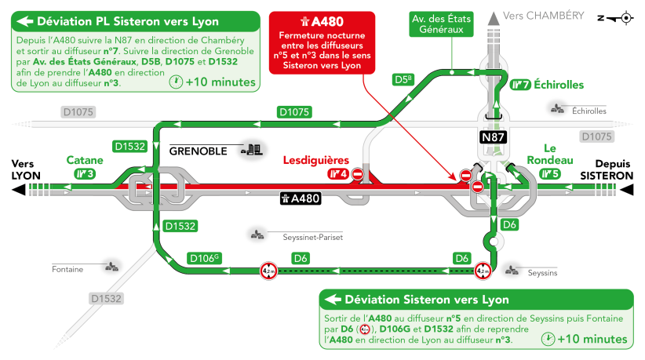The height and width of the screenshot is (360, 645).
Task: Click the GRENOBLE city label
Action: click(198, 150)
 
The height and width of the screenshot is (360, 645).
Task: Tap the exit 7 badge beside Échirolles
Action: click(519, 85)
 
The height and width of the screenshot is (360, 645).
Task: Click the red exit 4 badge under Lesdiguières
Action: click(337, 173)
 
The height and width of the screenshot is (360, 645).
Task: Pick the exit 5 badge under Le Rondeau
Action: click(551, 173)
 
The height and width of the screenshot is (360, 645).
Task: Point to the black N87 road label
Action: click(494, 136)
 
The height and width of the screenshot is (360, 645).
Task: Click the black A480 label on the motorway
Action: click(301, 198)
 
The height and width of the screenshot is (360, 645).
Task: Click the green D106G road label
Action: click(205, 257)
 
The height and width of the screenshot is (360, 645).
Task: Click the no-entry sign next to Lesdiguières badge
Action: click(359, 174)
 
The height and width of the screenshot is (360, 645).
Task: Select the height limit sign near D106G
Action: click(268, 271)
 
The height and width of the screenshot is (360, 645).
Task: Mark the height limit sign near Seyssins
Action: click(482, 271)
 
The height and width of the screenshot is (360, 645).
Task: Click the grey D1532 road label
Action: click(106, 299)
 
